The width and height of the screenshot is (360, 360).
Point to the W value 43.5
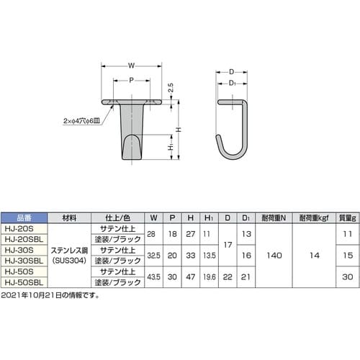click(x=153, y=276)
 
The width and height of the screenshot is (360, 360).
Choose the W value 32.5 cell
click(x=153, y=254)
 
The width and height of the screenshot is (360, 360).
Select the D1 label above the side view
click(x=232, y=84)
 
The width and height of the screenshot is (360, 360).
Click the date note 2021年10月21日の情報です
click(x=50, y=295)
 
